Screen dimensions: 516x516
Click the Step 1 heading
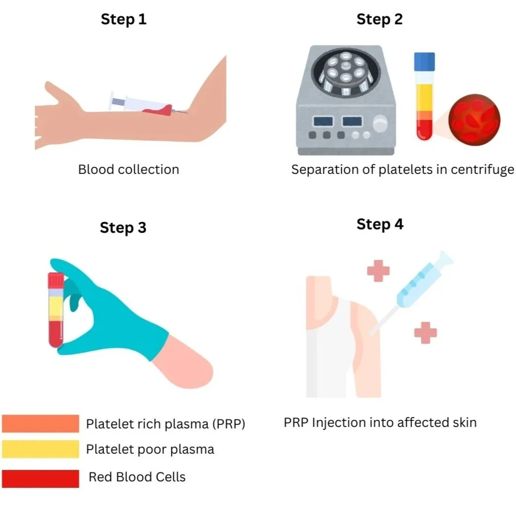coord(124,19)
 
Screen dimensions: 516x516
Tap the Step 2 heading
coord(379,19)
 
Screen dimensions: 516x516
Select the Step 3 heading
coord(123,228)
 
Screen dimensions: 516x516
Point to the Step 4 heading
coord(380,224)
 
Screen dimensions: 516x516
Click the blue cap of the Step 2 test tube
coord(424,60)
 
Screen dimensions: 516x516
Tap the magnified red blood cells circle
coord(474,120)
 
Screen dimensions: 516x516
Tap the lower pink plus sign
coord(425,332)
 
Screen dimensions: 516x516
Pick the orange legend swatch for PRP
coord(41,424)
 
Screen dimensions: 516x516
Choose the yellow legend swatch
coord(41,449)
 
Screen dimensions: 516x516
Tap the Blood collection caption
coord(128,169)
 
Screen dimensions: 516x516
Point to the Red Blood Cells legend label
coord(137,477)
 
